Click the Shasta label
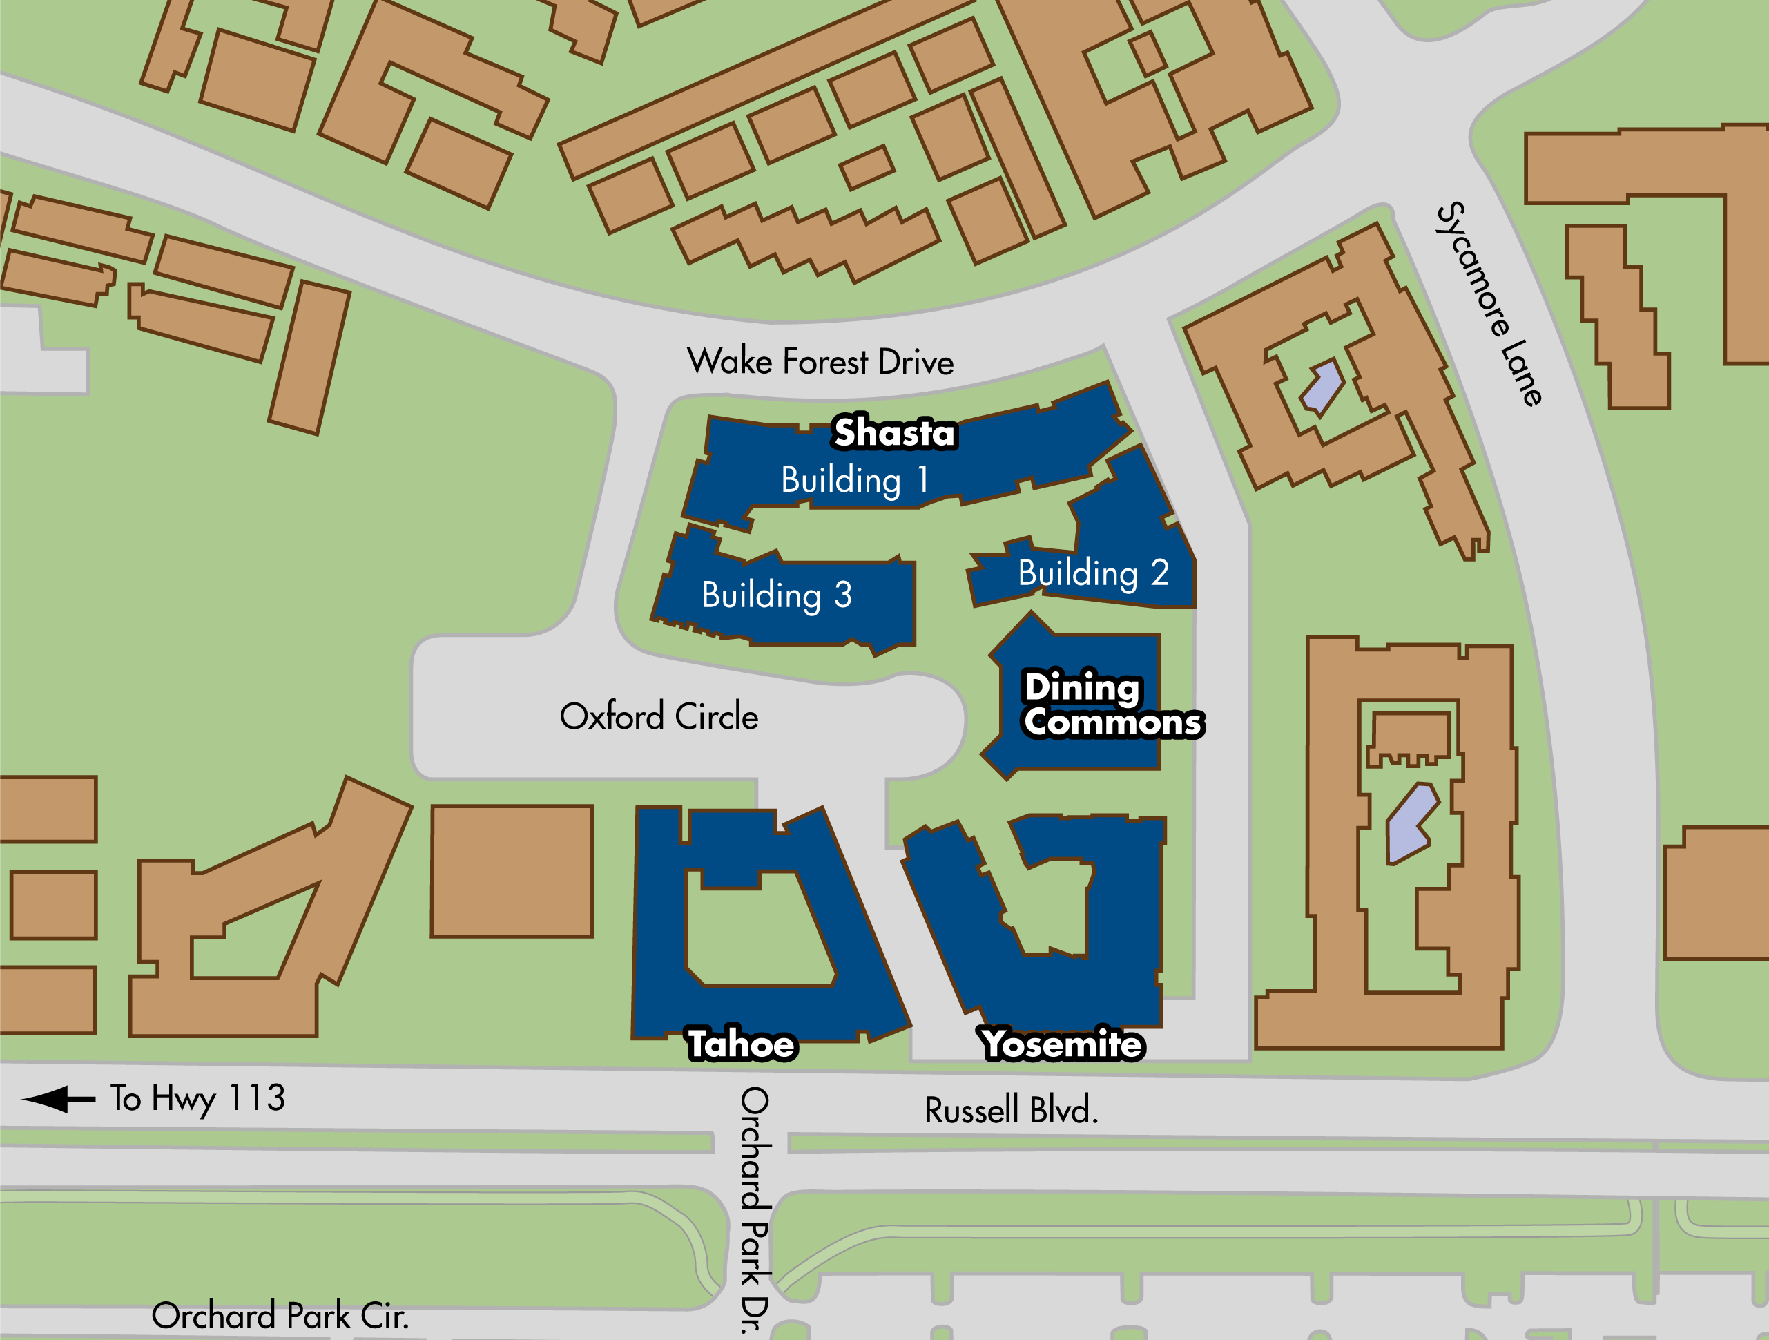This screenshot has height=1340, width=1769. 894,433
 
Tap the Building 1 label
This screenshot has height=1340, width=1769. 854,480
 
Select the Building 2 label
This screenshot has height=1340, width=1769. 1093,573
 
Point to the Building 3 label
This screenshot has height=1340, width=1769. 777,595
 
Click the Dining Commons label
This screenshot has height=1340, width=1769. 1112,705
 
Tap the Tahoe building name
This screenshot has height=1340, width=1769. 742,1044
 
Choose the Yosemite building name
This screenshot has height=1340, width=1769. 1062,1044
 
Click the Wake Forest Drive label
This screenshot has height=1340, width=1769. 820,362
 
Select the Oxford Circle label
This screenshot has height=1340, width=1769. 658,716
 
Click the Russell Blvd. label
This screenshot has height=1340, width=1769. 1011,1111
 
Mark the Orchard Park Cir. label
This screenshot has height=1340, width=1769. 280,1316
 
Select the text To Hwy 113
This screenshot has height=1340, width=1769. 197,1098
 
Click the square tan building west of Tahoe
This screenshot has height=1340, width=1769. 512,870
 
